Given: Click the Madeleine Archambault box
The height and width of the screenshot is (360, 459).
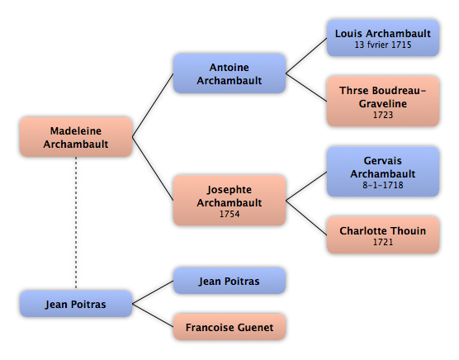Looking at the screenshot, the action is tap(76, 137).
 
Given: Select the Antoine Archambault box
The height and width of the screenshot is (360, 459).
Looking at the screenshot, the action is tap(229, 73).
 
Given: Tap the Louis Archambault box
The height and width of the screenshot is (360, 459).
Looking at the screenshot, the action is tap(383, 38).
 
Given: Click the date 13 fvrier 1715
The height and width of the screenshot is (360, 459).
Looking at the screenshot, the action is tap(383, 45).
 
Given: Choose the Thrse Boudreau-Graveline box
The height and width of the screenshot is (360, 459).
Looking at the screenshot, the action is tap(383, 102).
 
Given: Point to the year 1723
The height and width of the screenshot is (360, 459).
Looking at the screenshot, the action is tap(383, 115).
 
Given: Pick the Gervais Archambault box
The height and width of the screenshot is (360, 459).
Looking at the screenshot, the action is tap(383, 172).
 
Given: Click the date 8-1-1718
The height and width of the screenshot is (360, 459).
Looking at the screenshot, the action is tap(383, 185).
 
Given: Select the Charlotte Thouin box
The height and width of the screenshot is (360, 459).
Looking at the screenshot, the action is tap(383, 235).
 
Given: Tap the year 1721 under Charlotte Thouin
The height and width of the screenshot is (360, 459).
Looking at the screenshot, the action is tap(383, 242).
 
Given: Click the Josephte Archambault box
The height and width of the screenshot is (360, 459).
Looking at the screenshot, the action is tap(229, 201).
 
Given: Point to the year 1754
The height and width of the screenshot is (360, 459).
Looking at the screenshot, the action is tap(229, 214).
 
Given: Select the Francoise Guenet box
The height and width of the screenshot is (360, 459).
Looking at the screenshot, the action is tap(229, 327).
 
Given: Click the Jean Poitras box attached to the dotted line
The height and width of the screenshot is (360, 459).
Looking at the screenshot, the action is tap(76, 304).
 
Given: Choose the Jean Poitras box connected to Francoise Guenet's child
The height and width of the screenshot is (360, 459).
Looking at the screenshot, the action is tap(229, 281).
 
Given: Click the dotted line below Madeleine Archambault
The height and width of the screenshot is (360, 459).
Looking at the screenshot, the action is tap(76, 223).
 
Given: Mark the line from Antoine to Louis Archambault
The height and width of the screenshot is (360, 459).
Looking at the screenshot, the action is tap(306, 55).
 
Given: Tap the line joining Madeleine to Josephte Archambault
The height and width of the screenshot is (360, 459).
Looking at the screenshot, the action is tap(153, 168).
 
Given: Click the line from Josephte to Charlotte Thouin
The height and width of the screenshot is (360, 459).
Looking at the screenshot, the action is tap(306, 218).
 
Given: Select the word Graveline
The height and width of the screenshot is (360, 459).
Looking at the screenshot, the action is tap(383, 103).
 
